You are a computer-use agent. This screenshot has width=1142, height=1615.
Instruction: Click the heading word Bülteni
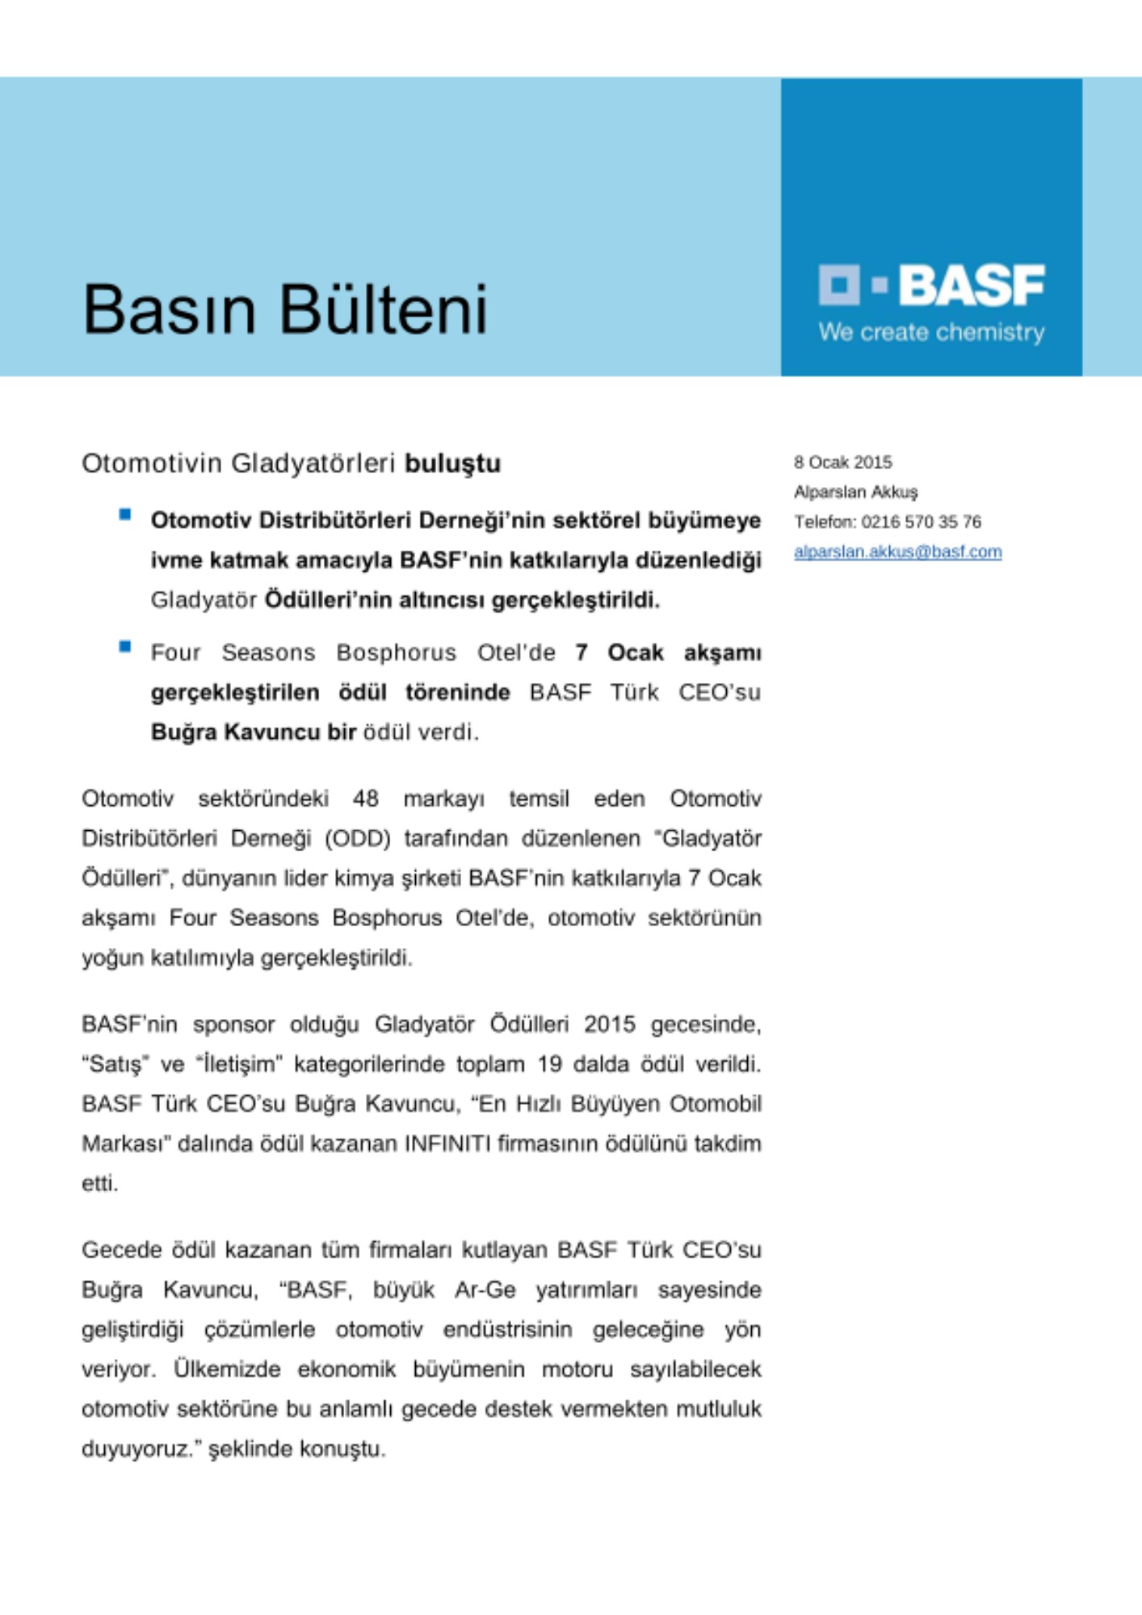(384, 308)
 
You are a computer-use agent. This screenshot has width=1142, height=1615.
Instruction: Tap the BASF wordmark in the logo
(972, 285)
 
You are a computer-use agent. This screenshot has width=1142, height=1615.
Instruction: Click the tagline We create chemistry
(931, 332)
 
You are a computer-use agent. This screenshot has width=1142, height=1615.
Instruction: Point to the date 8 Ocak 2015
(842, 463)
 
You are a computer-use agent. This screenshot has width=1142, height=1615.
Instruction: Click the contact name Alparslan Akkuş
(855, 492)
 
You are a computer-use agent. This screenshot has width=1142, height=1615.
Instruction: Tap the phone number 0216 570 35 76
(921, 522)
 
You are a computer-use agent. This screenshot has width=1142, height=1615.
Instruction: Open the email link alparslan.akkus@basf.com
(897, 552)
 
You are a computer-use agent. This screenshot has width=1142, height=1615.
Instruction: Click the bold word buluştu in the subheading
(452, 464)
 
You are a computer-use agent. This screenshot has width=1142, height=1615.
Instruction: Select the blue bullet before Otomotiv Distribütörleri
(125, 514)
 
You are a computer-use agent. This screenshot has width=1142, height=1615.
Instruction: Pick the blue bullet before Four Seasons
(125, 646)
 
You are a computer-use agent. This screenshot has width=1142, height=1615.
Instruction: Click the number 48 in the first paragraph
(365, 799)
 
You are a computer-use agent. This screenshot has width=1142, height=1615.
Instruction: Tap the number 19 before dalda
(549, 1063)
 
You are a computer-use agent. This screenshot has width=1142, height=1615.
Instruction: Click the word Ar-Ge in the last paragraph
(485, 1290)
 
